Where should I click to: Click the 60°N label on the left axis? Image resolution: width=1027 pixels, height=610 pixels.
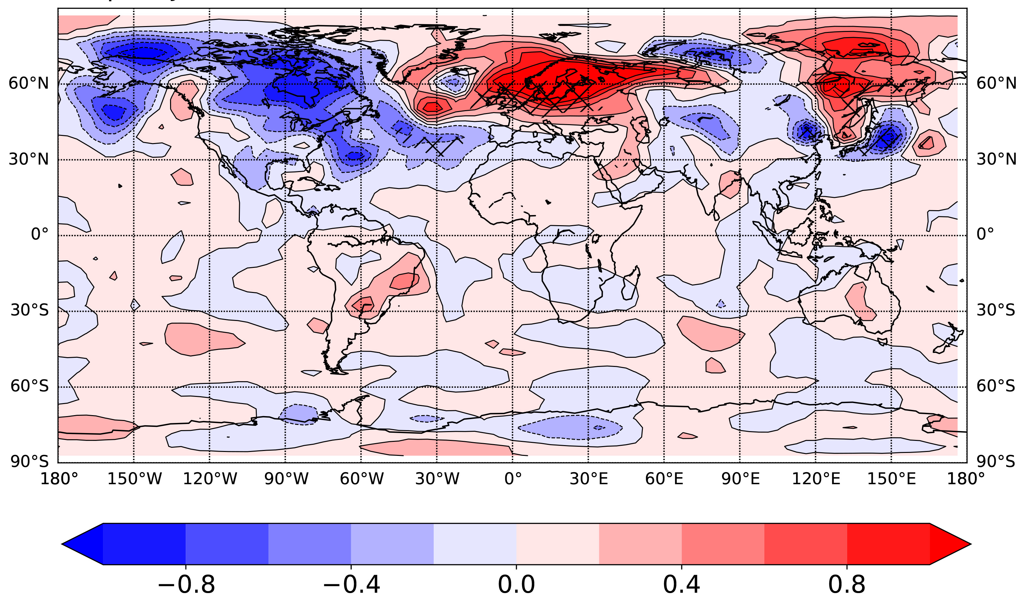tap(28, 83)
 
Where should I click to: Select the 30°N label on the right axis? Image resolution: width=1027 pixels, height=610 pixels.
tap(996, 159)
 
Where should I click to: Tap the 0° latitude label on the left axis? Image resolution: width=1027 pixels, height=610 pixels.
tap(39, 234)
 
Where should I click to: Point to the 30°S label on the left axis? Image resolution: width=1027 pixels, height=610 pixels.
tap(29, 310)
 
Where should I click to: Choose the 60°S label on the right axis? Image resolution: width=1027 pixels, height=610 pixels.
tap(996, 386)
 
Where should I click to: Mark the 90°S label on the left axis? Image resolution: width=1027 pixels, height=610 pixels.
tap(29, 462)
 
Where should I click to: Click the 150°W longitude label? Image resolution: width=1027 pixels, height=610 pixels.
tap(134, 479)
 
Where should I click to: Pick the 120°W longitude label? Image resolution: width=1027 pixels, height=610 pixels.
tap(210, 479)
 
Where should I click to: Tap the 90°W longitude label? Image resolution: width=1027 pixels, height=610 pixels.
tap(286, 479)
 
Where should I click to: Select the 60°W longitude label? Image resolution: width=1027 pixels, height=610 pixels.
tap(362, 479)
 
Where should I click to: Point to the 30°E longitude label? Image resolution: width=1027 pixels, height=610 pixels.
tap(588, 479)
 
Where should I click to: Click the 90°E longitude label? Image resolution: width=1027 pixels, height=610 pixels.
tap(740, 479)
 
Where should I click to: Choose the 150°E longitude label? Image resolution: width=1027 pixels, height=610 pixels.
tap(891, 479)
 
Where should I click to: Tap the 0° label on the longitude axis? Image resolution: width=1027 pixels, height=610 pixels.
tap(513, 479)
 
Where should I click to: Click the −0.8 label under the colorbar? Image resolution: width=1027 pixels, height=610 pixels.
tap(186, 585)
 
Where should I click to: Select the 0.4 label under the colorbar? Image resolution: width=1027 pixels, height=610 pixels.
tap(681, 585)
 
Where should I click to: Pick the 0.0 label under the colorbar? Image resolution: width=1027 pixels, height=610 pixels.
tap(516, 585)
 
